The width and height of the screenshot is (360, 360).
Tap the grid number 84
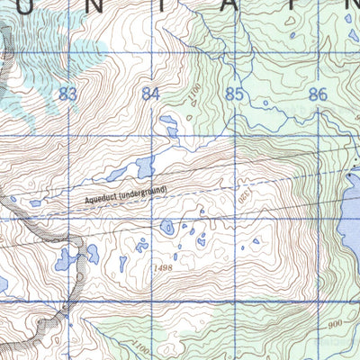[150, 94]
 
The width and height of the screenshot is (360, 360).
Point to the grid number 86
[316, 94]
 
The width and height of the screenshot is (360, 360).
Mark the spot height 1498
[163, 268]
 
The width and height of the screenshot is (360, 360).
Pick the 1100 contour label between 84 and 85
[194, 92]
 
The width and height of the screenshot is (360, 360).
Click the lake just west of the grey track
[66, 261]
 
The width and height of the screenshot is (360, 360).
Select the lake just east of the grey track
[92, 253]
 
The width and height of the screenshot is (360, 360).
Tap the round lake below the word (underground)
[167, 228]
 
